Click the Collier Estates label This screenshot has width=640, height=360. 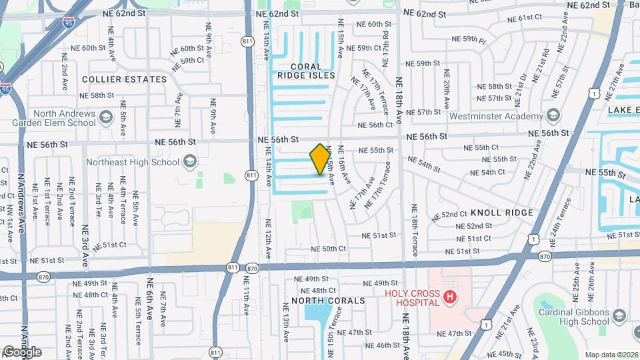point(124,79)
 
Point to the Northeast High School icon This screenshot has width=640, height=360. point(190,161)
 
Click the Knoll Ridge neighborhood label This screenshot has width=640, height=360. point(502,213)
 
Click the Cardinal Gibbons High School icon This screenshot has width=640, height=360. point(619,315)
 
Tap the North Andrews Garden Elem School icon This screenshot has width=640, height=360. point(105,119)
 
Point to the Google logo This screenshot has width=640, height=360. point(21,352)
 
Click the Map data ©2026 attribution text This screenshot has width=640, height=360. point(611,355)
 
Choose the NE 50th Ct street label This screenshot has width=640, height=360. point(329,249)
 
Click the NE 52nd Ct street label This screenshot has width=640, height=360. point(449,215)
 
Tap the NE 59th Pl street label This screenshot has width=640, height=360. point(475,41)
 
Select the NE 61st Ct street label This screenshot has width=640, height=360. point(525,18)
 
